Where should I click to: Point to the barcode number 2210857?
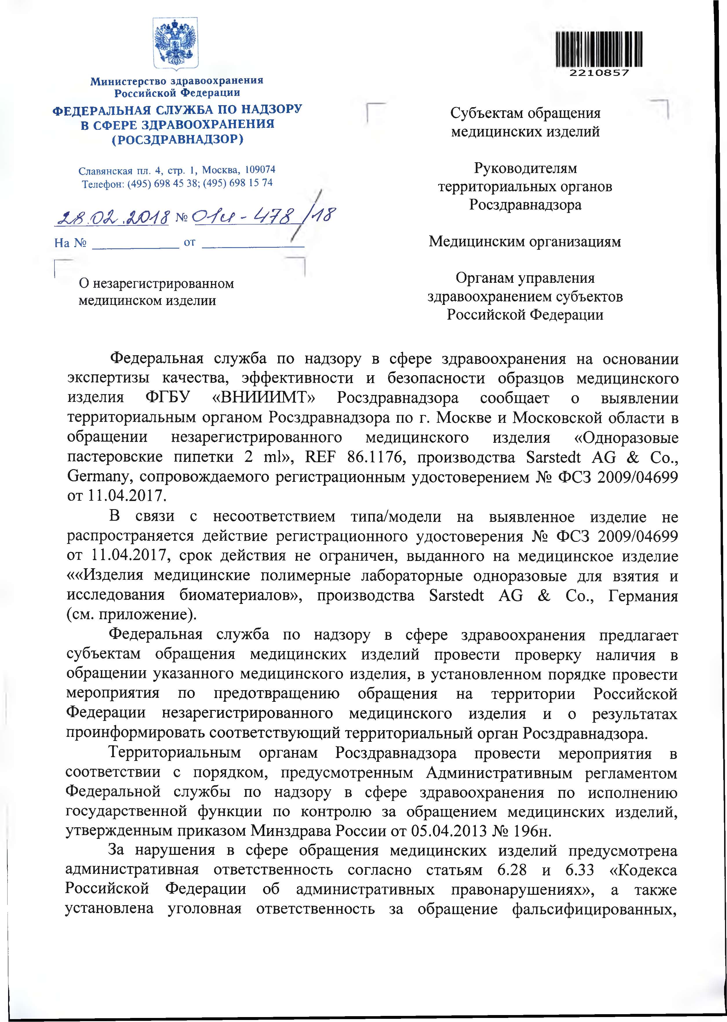(599, 73)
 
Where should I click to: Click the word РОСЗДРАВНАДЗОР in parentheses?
(177, 139)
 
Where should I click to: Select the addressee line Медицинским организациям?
(525, 242)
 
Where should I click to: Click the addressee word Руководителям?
(525, 168)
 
